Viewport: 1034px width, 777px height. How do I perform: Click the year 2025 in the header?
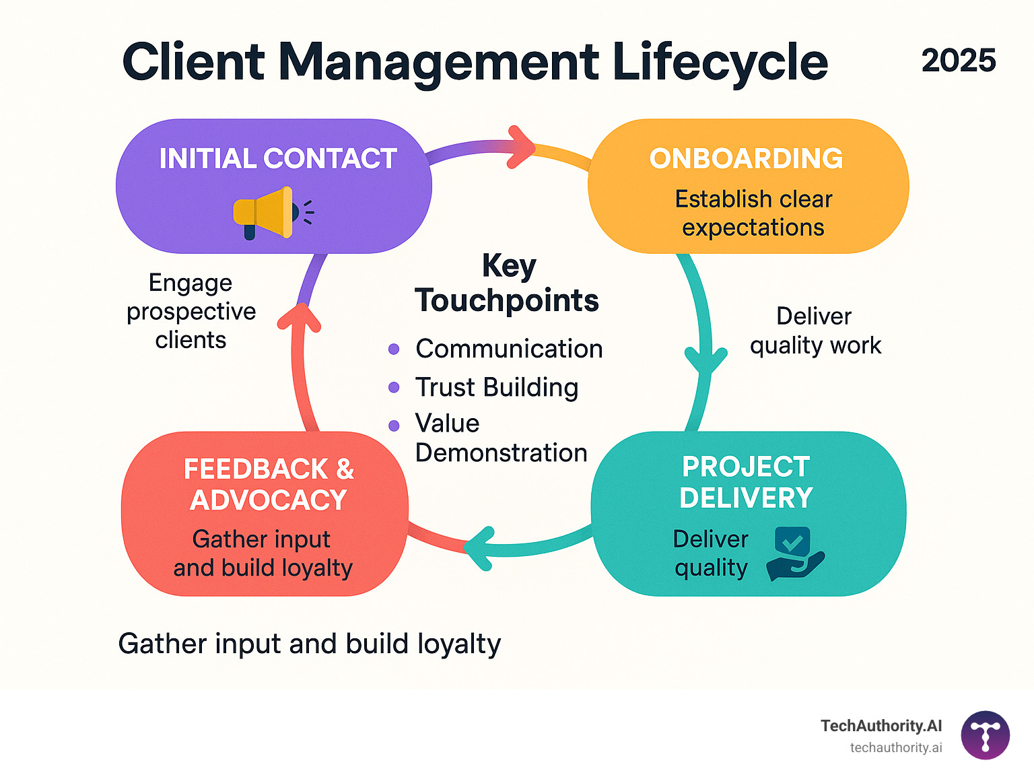[958, 61]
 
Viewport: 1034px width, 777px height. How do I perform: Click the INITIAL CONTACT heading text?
[277, 159]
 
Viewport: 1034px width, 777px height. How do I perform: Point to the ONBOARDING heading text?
[746, 159]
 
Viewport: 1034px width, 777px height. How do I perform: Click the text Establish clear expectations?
[753, 213]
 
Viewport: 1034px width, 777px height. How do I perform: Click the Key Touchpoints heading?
[507, 283]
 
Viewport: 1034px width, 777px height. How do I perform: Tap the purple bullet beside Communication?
[394, 349]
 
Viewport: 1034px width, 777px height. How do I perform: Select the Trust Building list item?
[496, 387]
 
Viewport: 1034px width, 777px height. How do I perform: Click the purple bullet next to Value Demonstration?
[394, 426]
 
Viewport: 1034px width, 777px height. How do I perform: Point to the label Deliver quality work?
[815, 331]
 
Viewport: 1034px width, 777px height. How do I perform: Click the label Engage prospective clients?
[191, 311]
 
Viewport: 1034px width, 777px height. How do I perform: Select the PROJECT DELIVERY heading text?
[746, 482]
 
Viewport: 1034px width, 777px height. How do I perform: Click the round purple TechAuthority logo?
[985, 735]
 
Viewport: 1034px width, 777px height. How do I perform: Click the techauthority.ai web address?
[895, 747]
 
